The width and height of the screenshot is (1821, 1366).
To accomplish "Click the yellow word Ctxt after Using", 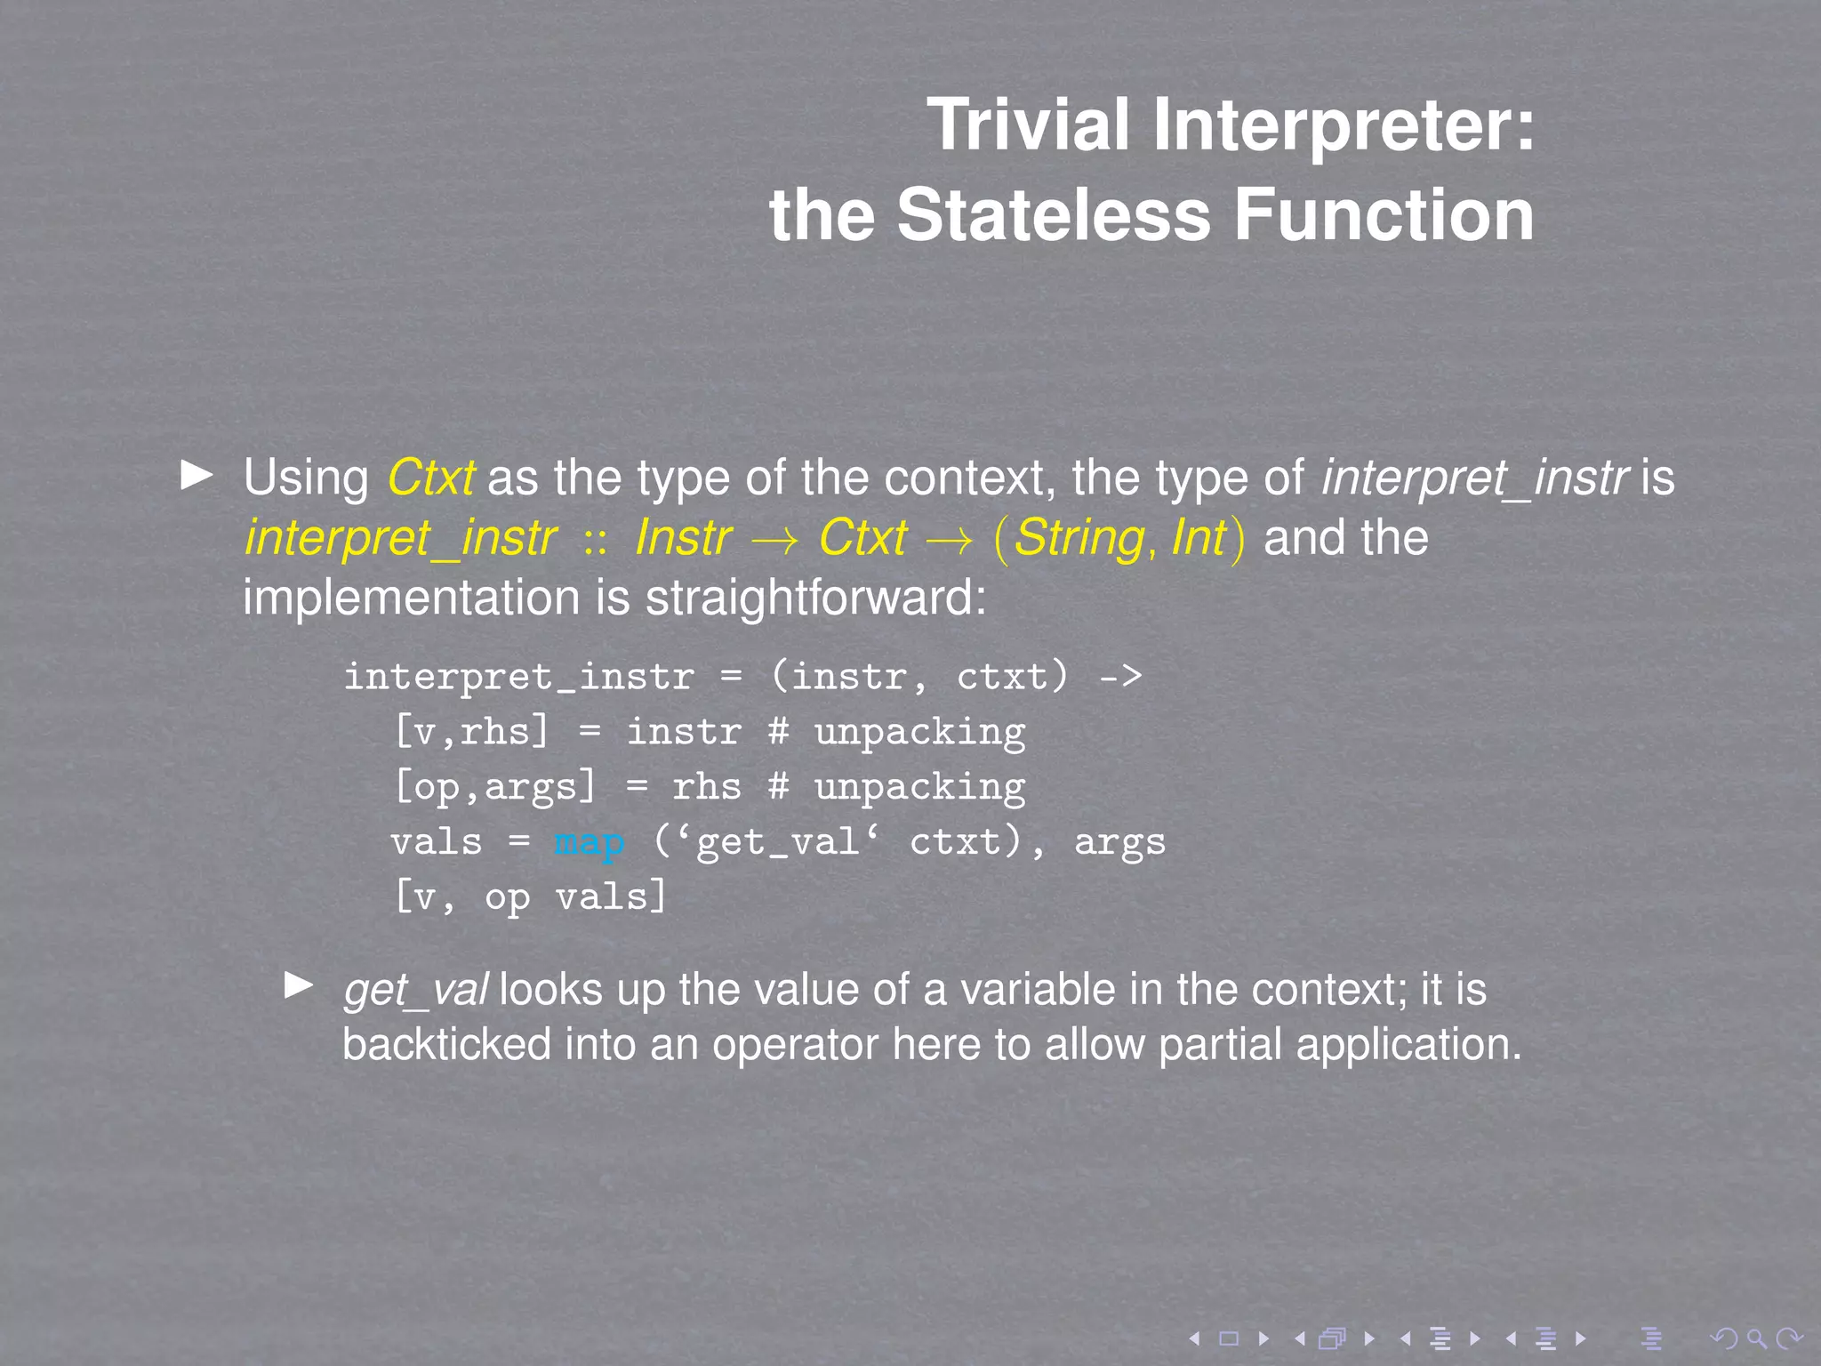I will pos(431,478).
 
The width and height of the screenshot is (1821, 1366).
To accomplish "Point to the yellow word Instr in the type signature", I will pos(683,538).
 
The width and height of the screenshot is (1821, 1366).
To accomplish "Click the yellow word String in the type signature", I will pos(1079,538).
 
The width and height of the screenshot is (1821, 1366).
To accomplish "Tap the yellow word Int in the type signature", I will pos(1199,538).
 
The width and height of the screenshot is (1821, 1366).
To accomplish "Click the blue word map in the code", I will pos(589,841).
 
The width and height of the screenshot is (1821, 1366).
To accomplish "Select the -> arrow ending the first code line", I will pos(1120,677).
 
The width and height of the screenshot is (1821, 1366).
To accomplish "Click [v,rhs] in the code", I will pos(471,732).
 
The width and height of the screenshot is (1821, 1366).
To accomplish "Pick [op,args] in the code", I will pos(494,787).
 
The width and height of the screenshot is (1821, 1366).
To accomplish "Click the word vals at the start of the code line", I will pos(436,841).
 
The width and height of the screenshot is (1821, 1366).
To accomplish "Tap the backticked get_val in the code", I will pos(778,841).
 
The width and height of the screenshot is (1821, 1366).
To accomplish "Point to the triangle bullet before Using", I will pos(197,475).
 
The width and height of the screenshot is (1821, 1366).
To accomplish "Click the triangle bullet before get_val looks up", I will pos(299,984).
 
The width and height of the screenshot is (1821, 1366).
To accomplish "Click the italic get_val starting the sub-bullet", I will pos(415,990).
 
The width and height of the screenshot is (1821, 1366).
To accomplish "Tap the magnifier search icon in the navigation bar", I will pos(1756,1338).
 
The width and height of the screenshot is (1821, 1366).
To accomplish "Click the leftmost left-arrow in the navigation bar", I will pos(1195,1338).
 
